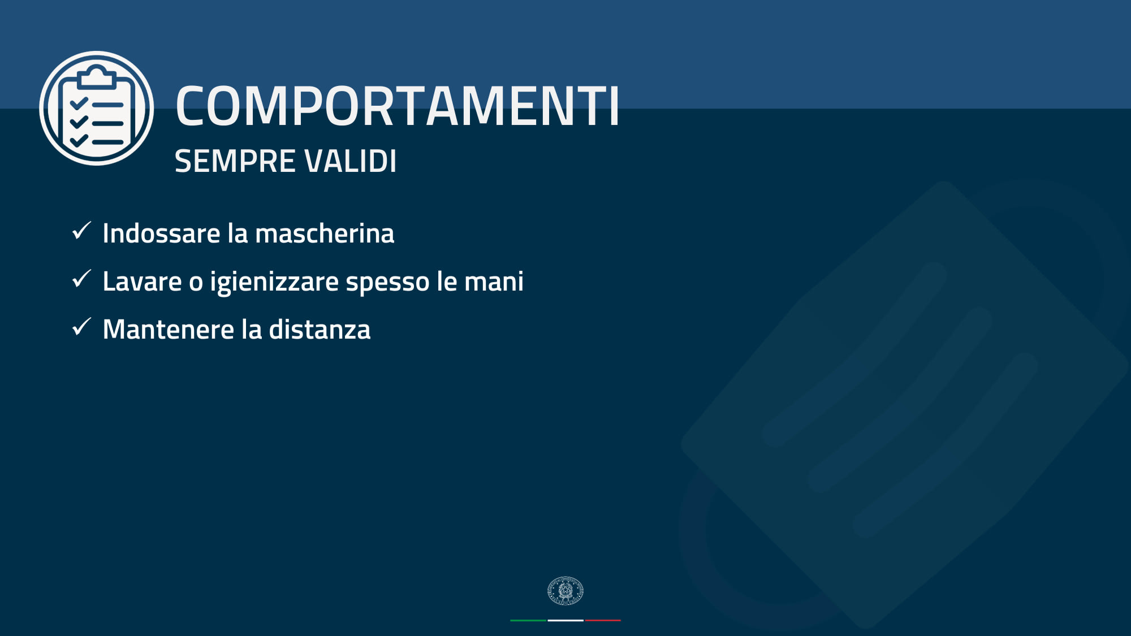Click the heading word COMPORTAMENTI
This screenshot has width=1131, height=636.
[x=398, y=106]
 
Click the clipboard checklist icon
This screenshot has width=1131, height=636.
[x=96, y=108]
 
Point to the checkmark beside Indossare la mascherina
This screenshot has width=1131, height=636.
[x=82, y=231]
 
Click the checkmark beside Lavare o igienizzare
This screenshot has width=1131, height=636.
[x=82, y=279]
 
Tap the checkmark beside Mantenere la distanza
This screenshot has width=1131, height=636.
[x=82, y=327]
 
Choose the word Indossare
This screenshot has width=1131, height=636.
[x=161, y=233]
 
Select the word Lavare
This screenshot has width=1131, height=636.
[x=142, y=281]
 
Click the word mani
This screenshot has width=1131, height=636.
[x=494, y=281]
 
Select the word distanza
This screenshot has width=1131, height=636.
[x=320, y=329]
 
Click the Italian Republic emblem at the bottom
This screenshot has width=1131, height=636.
[x=565, y=591]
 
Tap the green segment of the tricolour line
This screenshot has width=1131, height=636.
[x=528, y=620]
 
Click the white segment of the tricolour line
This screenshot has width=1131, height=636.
[x=565, y=620]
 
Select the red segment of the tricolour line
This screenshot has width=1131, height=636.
[x=603, y=620]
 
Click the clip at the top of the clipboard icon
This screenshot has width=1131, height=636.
[x=96, y=76]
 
